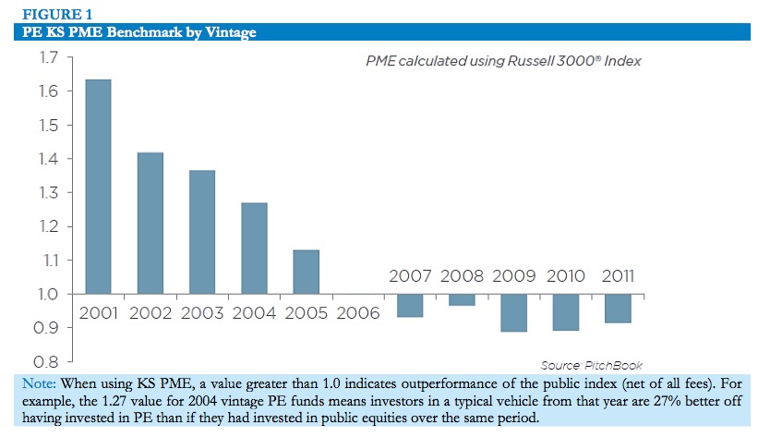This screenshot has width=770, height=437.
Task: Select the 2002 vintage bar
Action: [150, 223]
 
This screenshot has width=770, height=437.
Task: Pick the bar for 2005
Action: [306, 272]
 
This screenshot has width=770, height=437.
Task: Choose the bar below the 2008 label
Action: [463, 299]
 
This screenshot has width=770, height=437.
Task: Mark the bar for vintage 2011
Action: [618, 308]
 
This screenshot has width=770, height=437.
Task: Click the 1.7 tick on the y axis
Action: [49, 58]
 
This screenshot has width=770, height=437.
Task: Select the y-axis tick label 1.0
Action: [49, 294]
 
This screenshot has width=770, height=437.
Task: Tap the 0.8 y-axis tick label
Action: [49, 361]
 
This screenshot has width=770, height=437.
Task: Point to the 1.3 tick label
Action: [49, 193]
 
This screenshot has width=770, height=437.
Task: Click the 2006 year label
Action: [358, 312]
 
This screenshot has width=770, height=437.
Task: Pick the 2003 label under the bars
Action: [202, 312]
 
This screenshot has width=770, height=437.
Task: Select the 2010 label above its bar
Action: [566, 276]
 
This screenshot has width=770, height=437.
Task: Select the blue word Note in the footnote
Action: [38, 382]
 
